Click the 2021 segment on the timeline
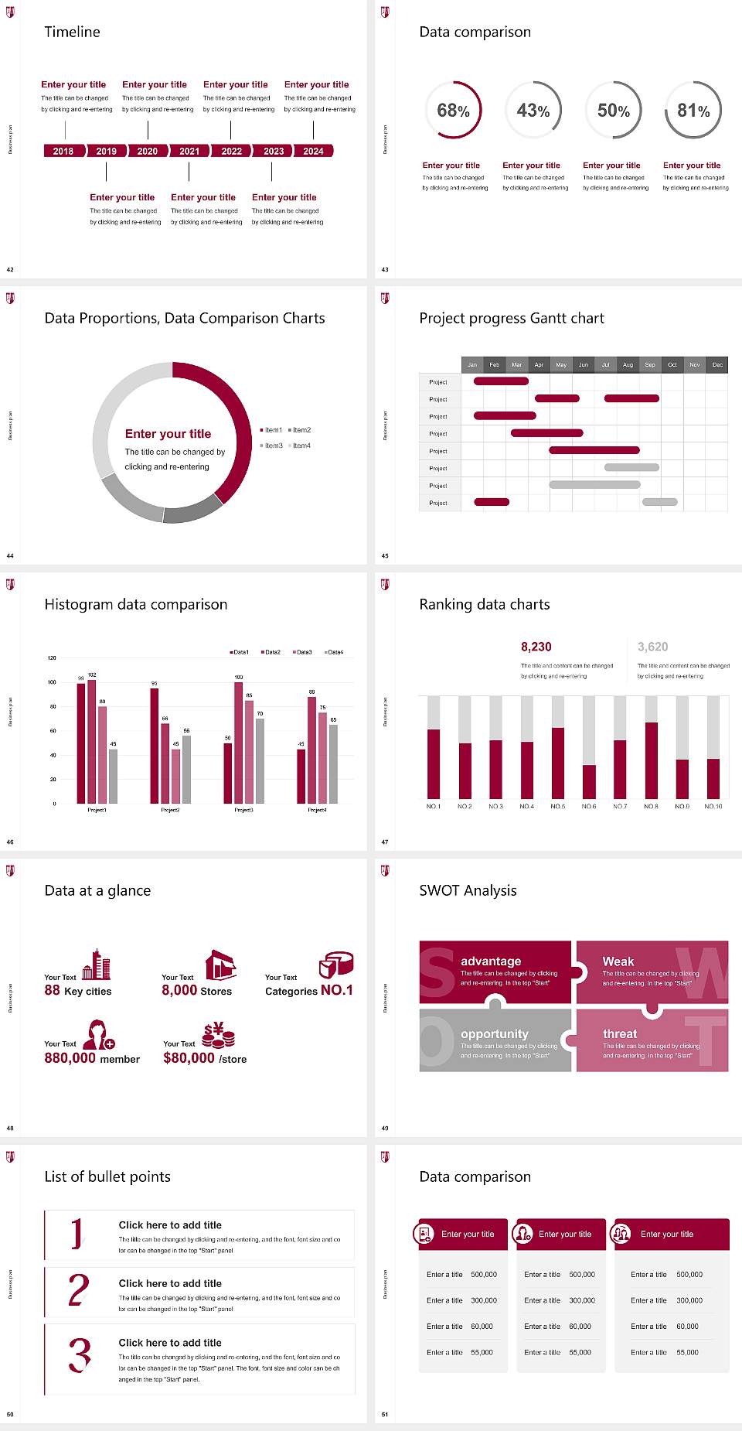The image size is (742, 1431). click(x=189, y=151)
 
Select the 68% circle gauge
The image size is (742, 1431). click(x=453, y=111)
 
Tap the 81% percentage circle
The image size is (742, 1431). click(x=693, y=111)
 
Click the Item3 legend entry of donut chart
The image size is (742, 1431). click(x=271, y=446)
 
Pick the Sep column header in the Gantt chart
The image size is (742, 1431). click(x=650, y=364)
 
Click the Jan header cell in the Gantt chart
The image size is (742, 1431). click(x=472, y=364)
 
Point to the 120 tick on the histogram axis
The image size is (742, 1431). click(x=52, y=658)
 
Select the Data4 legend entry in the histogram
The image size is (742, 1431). click(x=334, y=652)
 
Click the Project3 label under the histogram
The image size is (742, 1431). click(x=243, y=810)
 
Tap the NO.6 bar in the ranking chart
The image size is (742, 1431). click(x=589, y=781)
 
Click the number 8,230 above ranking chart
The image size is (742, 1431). click(x=536, y=647)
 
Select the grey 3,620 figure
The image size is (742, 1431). click(x=652, y=647)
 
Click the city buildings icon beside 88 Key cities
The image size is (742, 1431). click(x=97, y=965)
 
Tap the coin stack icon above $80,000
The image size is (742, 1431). click(x=219, y=1035)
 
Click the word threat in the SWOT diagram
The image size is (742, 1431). click(x=620, y=1033)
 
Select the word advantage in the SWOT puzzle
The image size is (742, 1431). click(x=491, y=961)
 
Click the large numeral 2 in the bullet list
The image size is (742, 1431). click(x=78, y=1290)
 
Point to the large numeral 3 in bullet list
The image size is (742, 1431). click(x=79, y=1355)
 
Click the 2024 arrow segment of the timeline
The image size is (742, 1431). click(x=313, y=151)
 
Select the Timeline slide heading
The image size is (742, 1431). click(x=72, y=32)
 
